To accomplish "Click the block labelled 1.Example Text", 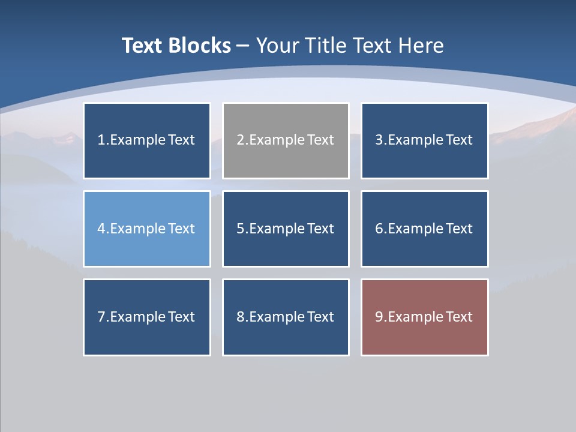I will coord(147,140).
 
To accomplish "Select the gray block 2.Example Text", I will coord(286,140).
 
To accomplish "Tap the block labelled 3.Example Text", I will coord(424,140).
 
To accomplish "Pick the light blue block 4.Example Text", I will coord(147,229).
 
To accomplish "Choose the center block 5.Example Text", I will coord(286,229).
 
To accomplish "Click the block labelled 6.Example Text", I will coord(424,229).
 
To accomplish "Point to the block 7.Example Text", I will coord(147,317).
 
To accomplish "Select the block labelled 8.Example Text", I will coord(286,317).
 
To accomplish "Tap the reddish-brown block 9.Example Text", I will coord(424,317).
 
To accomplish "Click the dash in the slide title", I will coord(243,46).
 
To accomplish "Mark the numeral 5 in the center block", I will coord(240,229).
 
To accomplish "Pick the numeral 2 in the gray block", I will coord(240,140).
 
